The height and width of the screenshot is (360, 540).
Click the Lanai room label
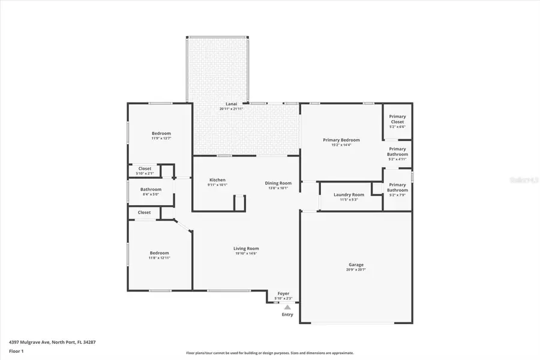(231, 104)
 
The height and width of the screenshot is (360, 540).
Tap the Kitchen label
(217, 180)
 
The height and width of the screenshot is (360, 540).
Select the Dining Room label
(279, 183)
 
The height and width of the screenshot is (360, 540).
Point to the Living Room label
(246, 248)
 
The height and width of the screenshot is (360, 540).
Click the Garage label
(356, 265)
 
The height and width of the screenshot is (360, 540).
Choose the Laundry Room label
(349, 194)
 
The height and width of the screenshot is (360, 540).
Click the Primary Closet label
(397, 119)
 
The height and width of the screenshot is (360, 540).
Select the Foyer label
(283, 293)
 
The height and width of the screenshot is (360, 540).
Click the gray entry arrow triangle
(287, 307)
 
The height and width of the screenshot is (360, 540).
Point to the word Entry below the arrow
(287, 314)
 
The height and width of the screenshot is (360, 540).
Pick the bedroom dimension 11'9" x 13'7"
(161, 139)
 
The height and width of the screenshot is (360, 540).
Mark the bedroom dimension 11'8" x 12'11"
(159, 258)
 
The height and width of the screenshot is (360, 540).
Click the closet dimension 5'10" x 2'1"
(145, 173)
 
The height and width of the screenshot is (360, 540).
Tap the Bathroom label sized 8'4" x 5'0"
(151, 190)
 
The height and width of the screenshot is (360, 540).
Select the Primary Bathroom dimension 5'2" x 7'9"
(397, 194)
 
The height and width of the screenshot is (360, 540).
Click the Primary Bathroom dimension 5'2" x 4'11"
(397, 159)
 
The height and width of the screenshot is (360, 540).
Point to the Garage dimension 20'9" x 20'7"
(356, 270)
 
